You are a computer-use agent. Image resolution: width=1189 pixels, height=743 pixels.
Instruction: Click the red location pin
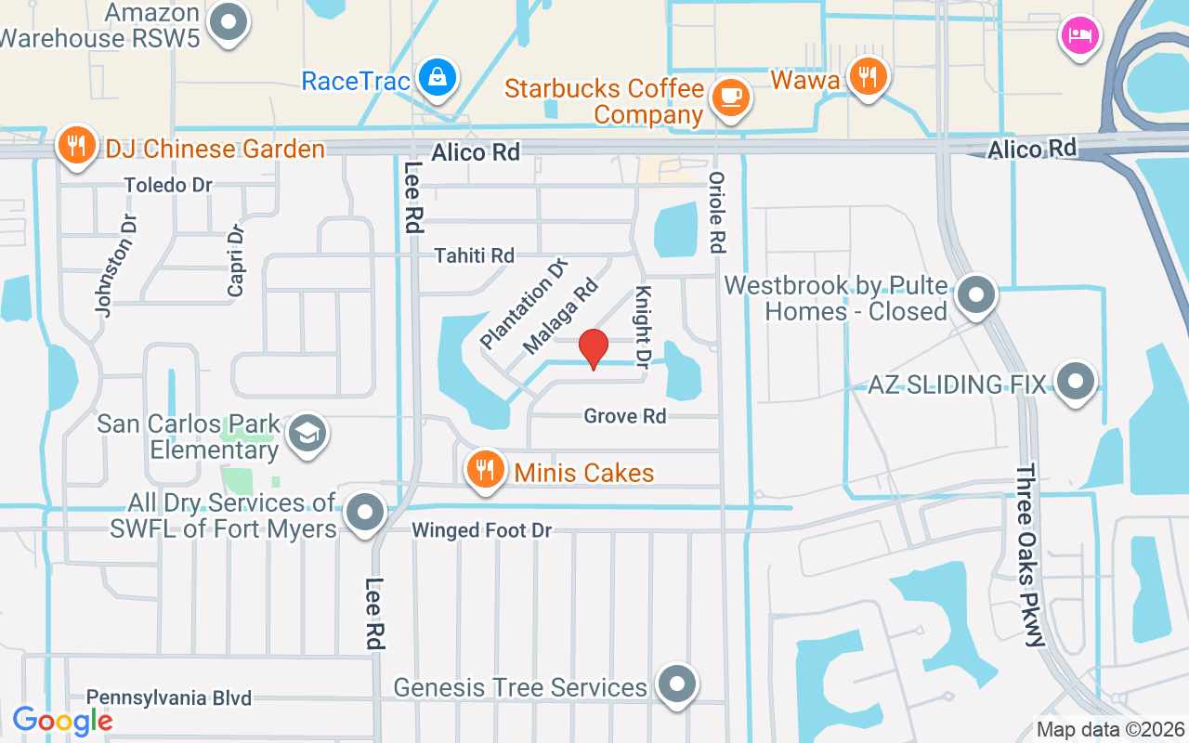point(594,349)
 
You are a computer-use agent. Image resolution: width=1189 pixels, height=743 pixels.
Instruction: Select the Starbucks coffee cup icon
point(731,96)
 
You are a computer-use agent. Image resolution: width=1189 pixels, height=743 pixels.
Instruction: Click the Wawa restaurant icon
point(869,76)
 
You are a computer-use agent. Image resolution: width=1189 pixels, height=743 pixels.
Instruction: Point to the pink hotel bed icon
point(1079,36)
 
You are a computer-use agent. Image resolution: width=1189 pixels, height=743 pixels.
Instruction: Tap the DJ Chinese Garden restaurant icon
point(76,146)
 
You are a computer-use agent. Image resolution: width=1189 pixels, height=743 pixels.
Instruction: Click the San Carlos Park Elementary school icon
point(307,434)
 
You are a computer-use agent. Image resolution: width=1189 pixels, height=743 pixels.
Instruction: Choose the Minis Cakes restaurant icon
point(484,470)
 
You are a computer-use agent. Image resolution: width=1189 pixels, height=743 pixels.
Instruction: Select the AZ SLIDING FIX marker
point(1077,381)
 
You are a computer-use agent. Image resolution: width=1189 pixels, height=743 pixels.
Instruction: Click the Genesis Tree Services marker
point(677,684)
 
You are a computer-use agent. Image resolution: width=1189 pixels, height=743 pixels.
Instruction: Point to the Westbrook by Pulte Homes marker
point(975,295)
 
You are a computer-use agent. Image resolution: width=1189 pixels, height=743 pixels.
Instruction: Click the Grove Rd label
point(625,415)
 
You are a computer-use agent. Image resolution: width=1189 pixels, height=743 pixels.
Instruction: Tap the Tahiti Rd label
point(475,254)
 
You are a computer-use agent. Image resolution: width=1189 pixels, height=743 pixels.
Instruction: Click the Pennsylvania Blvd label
point(168,697)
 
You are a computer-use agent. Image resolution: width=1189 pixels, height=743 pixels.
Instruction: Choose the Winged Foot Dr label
point(481,530)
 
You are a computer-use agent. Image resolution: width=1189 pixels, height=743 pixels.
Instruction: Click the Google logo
point(62,720)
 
